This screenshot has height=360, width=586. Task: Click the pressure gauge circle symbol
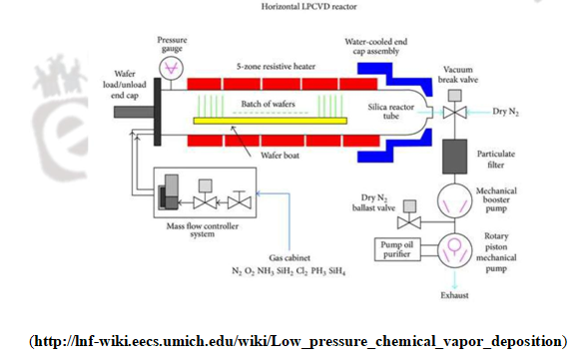click(x=172, y=67)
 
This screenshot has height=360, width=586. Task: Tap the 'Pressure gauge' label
click(x=172, y=44)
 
